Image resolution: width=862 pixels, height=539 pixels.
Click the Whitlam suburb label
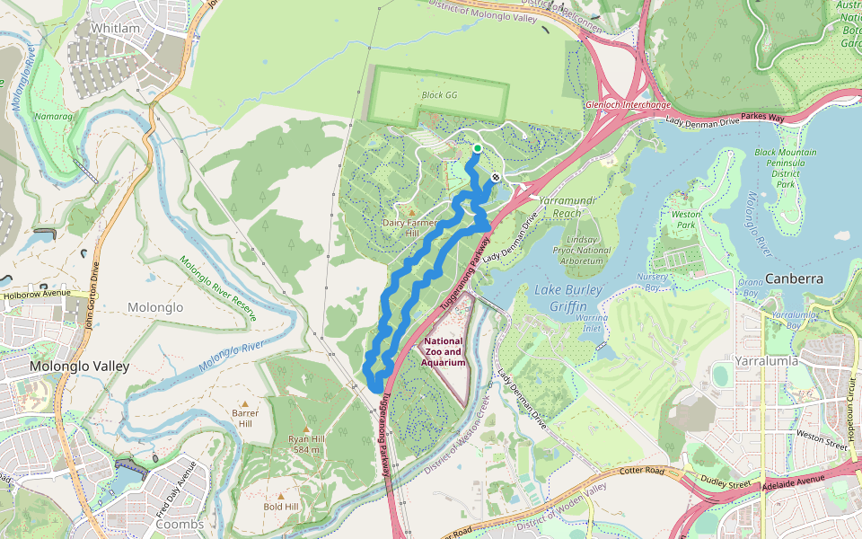116,29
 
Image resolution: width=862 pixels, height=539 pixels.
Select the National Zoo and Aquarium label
444,352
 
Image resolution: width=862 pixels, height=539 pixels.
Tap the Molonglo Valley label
80,367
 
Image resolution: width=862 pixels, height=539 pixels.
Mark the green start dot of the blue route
478,148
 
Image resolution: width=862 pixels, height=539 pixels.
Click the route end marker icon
495,177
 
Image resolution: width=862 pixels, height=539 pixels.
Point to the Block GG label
439,94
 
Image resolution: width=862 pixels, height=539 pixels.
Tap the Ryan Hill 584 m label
305,444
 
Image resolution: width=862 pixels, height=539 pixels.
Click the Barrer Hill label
245,418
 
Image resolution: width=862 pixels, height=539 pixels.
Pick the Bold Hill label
281,507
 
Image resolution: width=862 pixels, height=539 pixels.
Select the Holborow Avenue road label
36,293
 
